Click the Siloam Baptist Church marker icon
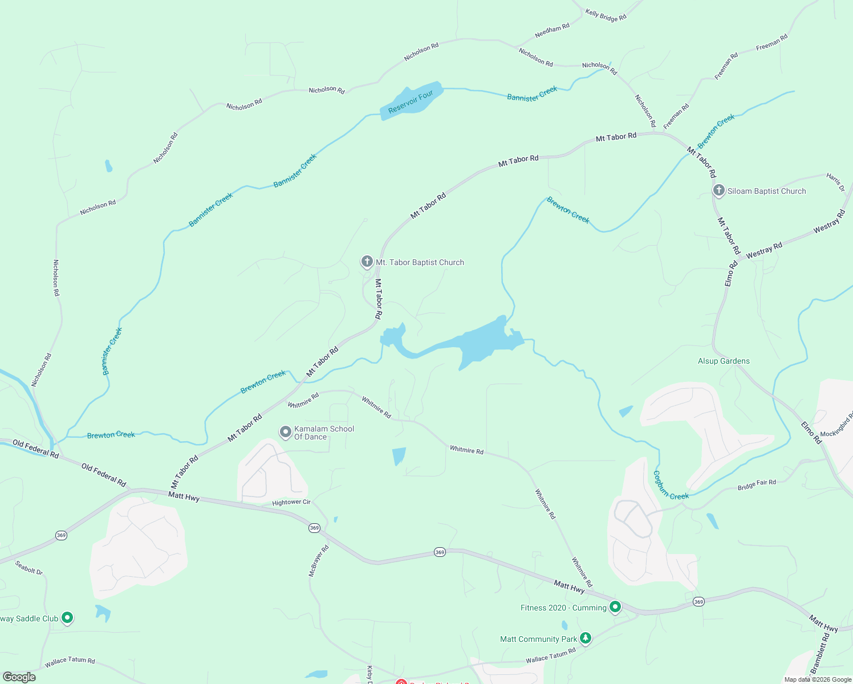coord(719,190)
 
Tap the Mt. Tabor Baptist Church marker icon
coord(367,262)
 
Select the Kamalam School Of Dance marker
coord(285,432)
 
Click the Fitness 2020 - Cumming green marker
coord(615,607)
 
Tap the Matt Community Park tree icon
coord(585,638)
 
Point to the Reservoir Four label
coord(411,102)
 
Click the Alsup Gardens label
coord(724,361)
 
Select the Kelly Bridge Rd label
coord(606,15)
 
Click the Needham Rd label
coord(552,31)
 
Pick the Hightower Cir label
coord(291,502)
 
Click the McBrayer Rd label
coord(319,561)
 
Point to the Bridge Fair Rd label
coord(757,484)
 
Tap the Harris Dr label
coord(836,182)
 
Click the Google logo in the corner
coord(19,677)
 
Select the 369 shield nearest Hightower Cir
coord(314,528)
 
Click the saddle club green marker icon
coord(67,617)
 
